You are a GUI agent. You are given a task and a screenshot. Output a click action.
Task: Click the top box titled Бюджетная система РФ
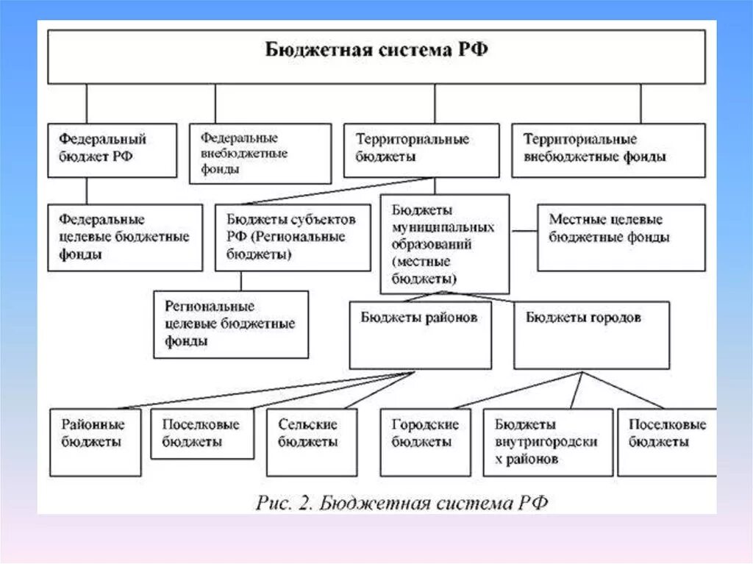(376, 56)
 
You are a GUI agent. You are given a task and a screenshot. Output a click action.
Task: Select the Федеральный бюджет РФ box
(112, 150)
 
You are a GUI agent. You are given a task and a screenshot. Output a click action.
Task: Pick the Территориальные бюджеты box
(421, 150)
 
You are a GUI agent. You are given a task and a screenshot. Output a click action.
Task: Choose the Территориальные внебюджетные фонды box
(607, 150)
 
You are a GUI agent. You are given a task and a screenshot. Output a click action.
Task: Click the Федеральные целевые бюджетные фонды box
(125, 238)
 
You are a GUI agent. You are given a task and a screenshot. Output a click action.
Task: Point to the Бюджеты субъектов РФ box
(292, 238)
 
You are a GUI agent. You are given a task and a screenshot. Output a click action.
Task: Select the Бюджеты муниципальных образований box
(444, 244)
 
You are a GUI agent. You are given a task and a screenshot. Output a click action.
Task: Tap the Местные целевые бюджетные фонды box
(621, 238)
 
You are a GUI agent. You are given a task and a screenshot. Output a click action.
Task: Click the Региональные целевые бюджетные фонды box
(231, 324)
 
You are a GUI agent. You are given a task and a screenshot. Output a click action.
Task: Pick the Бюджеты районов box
(420, 335)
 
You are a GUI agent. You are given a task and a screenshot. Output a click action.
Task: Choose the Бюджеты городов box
(590, 335)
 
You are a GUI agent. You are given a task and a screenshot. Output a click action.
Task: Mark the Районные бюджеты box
(95, 442)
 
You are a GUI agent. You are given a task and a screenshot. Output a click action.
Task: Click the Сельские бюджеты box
(311, 442)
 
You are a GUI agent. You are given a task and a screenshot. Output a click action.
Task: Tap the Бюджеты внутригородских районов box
(547, 442)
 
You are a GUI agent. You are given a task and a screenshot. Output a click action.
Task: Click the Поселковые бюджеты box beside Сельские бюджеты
(201, 434)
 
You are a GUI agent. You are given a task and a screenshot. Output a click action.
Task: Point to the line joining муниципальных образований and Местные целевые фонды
(524, 231)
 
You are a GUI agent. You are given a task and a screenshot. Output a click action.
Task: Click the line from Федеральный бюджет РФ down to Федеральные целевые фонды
(86, 190)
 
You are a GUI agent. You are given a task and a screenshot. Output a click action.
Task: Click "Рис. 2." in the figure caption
(284, 504)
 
